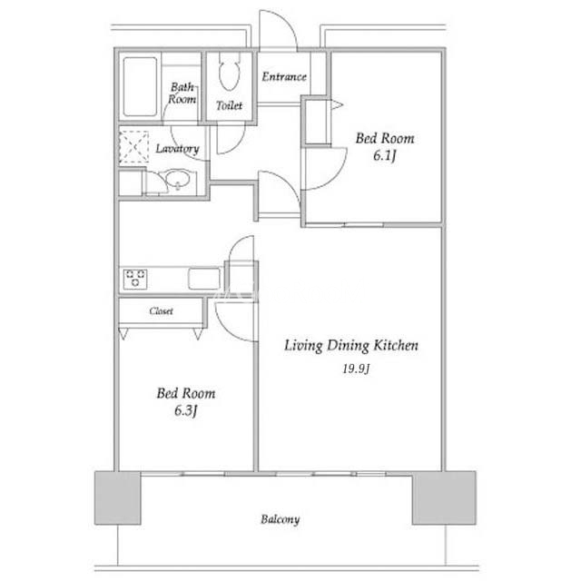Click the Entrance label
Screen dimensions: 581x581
tap(284, 76)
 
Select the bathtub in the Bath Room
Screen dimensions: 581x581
tap(140, 87)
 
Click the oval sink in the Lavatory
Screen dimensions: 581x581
tap(178, 179)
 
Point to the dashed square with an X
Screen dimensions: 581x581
tap(133, 147)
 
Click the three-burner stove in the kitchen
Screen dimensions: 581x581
tap(135, 279)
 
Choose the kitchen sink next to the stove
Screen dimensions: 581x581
tap(204, 279)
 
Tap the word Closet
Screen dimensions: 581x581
tap(162, 310)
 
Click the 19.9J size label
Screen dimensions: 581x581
tap(356, 369)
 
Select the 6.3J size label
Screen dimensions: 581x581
tap(185, 410)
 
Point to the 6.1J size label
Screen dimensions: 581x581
tap(385, 155)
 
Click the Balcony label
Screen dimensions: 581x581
tap(280, 519)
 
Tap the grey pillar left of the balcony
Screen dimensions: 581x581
tap(118, 497)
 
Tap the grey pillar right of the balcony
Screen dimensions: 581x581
tap(444, 497)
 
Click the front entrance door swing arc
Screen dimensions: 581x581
tap(286, 22)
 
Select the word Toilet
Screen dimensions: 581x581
tap(229, 105)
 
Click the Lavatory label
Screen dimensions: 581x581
tap(177, 149)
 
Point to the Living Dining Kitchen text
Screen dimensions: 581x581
tap(351, 345)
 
